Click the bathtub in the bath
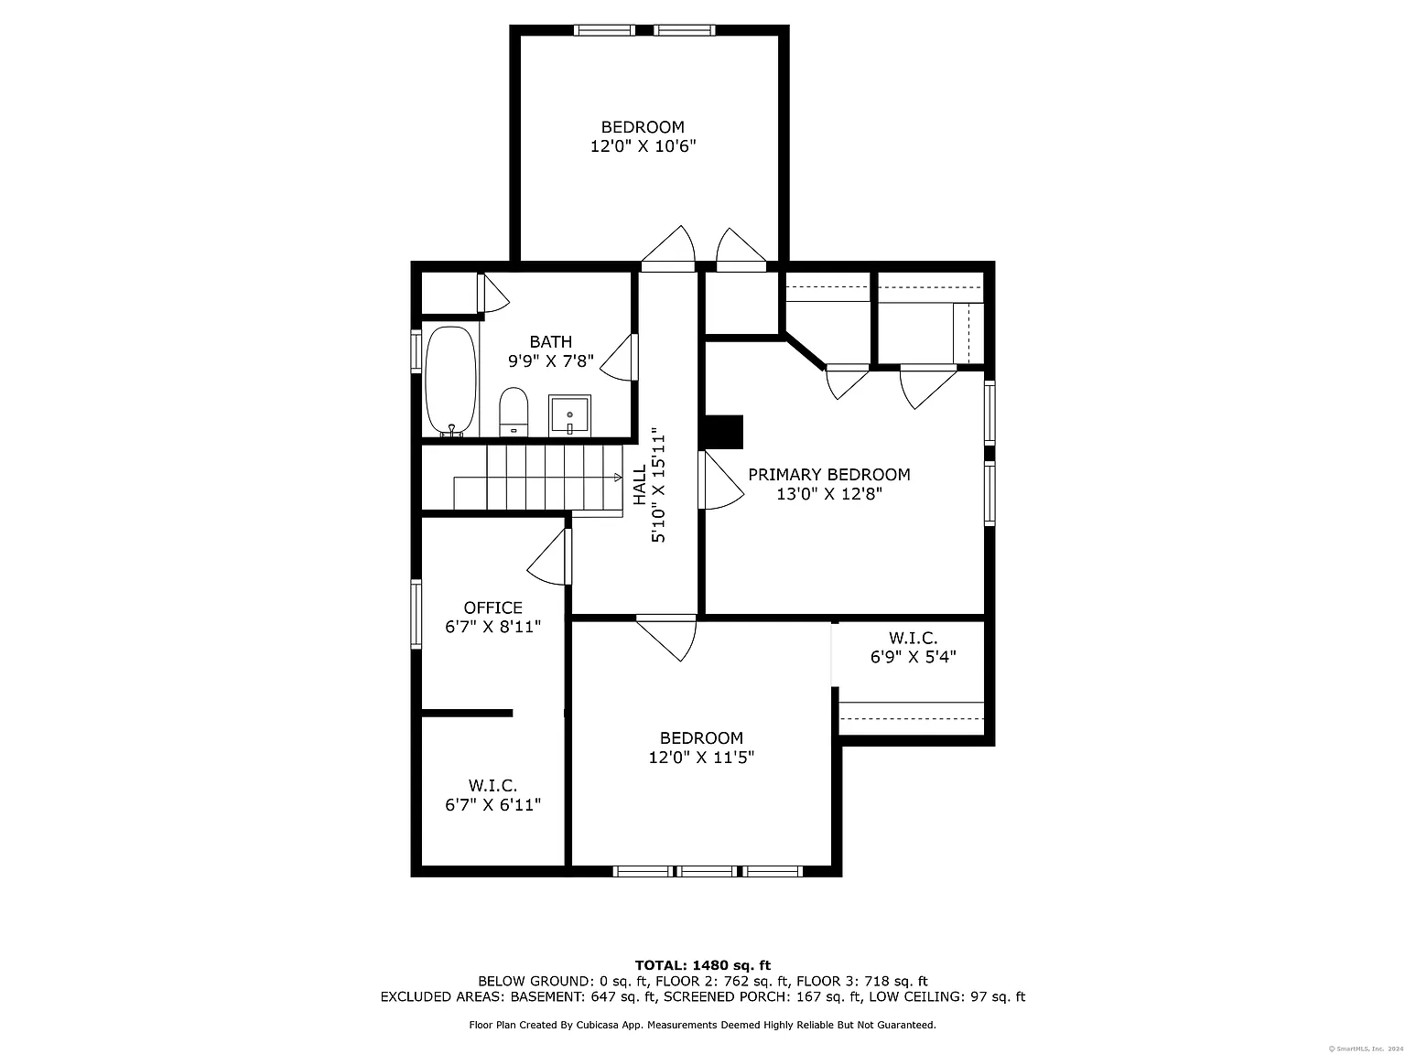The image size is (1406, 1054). (451, 382)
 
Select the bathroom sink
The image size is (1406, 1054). (569, 416)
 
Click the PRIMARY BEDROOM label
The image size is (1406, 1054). (829, 474)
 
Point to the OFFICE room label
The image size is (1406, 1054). (492, 608)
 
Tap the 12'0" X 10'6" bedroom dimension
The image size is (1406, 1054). (643, 145)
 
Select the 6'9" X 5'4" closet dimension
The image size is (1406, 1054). (913, 657)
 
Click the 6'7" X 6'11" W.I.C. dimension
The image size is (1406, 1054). (492, 804)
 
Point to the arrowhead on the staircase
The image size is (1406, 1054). (618, 477)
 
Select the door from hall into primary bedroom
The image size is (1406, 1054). (720, 480)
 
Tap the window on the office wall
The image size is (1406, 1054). (416, 614)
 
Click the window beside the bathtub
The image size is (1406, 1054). (416, 351)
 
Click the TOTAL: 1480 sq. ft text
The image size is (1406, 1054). (703, 965)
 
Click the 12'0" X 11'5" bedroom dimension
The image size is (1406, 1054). (701, 757)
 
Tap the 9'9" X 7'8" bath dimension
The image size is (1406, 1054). (551, 360)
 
